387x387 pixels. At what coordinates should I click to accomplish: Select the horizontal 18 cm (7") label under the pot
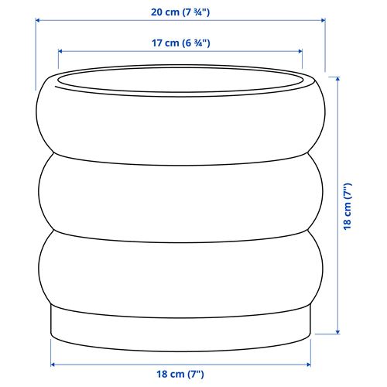(180, 375)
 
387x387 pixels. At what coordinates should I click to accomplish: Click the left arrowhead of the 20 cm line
(38, 22)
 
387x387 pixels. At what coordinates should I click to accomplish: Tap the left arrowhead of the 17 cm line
(61, 53)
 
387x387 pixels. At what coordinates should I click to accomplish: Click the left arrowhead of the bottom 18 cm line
(53, 363)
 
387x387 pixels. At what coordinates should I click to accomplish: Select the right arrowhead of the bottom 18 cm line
(307, 363)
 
